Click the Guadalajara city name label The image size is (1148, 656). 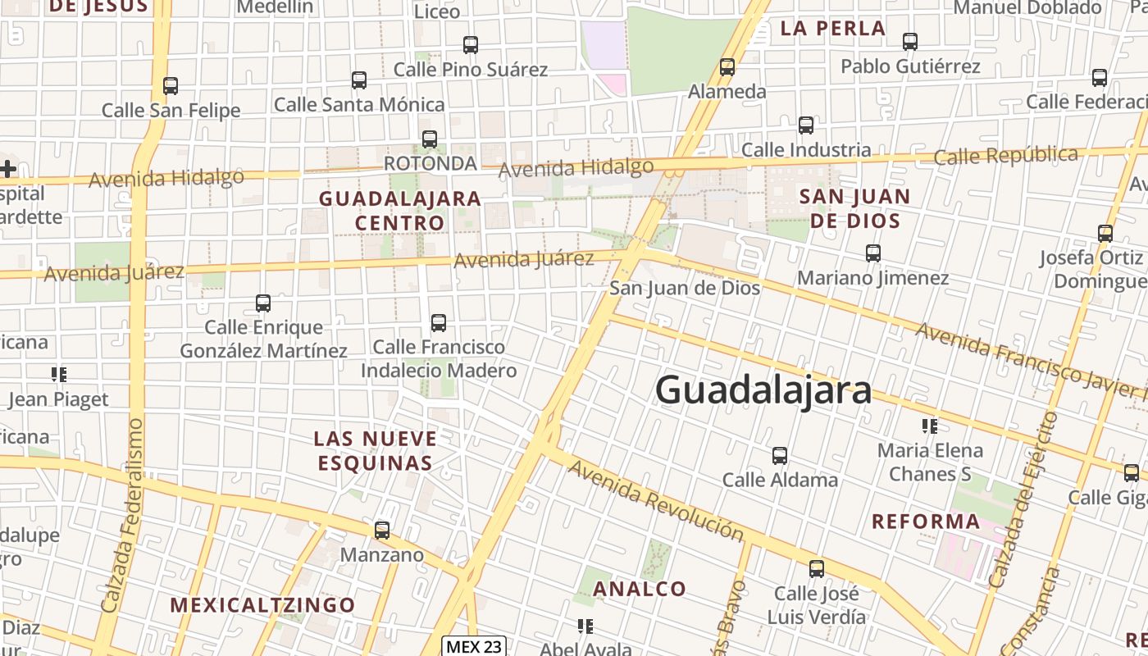(x=763, y=389)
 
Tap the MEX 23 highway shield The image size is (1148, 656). (x=474, y=646)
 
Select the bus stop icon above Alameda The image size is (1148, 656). (x=727, y=67)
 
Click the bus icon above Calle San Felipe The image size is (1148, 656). (x=171, y=85)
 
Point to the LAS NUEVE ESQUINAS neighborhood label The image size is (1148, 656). (x=375, y=450)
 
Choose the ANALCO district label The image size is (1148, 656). (x=639, y=589)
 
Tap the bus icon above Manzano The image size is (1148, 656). (x=382, y=531)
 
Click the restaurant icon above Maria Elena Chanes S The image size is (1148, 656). (x=929, y=426)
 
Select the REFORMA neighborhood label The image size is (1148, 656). (x=926, y=522)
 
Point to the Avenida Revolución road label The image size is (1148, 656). (x=656, y=500)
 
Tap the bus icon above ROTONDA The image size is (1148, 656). (x=430, y=139)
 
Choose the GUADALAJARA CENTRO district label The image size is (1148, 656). (x=400, y=211)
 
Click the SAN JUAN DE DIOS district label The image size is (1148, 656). (x=855, y=208)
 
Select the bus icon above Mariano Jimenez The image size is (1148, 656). (x=873, y=253)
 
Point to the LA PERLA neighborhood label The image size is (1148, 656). (x=832, y=28)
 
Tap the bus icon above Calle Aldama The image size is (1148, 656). (x=780, y=455)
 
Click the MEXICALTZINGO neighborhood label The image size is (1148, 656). (x=262, y=605)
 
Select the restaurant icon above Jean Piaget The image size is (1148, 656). (x=59, y=375)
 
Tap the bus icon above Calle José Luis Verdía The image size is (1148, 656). (x=817, y=568)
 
